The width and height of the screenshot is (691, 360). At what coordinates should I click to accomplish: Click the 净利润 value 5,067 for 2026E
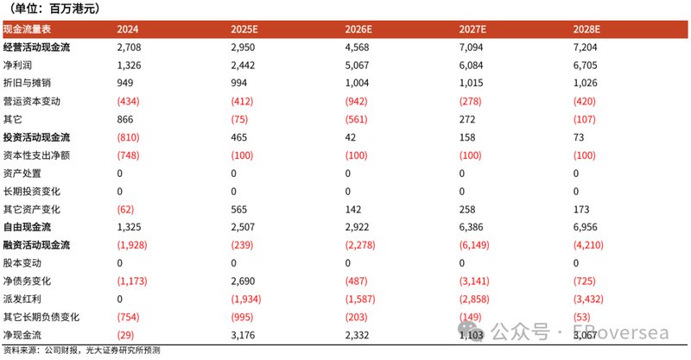[x=360, y=66]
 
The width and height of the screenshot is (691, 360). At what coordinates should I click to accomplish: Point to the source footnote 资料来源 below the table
[x=82, y=351]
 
